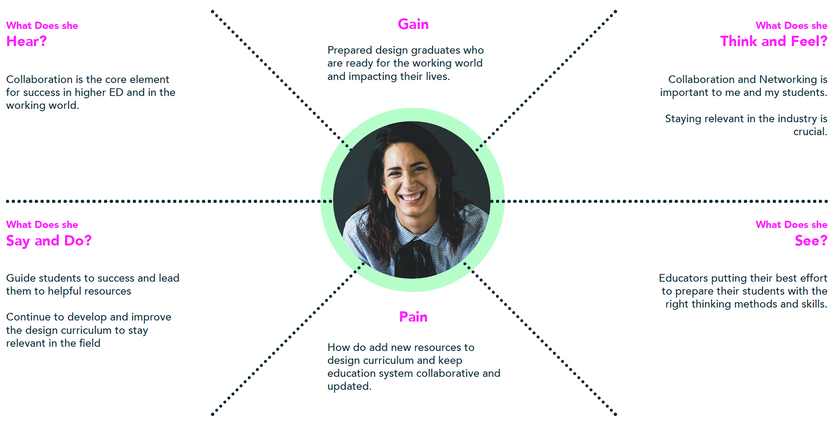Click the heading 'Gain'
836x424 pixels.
point(413,24)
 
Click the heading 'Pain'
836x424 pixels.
point(413,317)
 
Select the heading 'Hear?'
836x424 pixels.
point(26,41)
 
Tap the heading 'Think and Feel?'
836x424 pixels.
point(773,41)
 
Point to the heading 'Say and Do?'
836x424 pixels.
point(49,241)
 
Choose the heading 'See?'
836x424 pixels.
point(810,241)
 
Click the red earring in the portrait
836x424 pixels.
point(384,191)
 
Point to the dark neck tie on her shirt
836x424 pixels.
point(416,257)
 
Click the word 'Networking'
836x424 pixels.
point(788,80)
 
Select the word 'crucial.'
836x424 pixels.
point(810,132)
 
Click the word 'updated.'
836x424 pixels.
point(349,387)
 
